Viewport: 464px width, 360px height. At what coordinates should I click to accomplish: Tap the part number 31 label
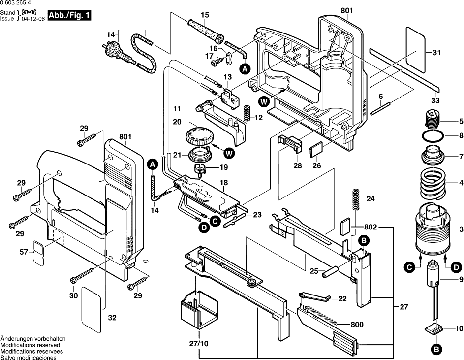coord(436,53)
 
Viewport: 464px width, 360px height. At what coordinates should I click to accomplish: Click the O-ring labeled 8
coord(433,135)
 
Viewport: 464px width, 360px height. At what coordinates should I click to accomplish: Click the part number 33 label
coord(434,101)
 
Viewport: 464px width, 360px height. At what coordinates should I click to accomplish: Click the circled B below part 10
coord(435,350)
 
